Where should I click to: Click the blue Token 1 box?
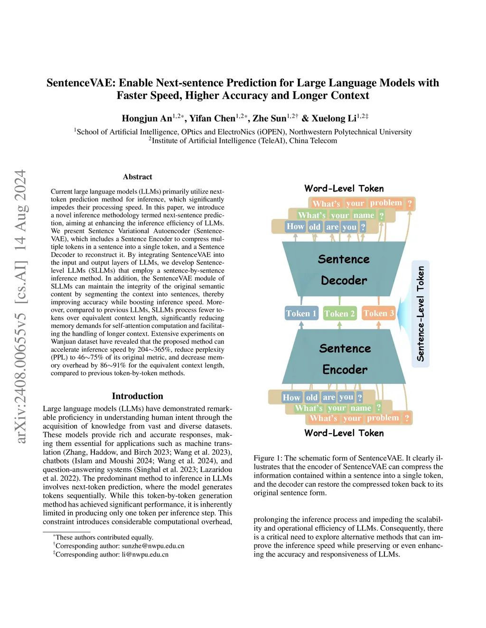click(x=301, y=313)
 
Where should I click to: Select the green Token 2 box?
click(x=340, y=313)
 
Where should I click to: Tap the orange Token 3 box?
click(x=379, y=313)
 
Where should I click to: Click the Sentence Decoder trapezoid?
click(x=344, y=269)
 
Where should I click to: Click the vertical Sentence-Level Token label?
click(x=421, y=313)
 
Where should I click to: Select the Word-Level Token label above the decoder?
click(x=344, y=188)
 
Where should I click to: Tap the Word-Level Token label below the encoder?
click(x=344, y=433)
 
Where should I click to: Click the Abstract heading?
click(x=138, y=177)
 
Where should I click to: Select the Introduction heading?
click(x=138, y=396)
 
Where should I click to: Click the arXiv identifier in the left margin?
click(x=20, y=306)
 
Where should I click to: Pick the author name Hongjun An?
click(x=147, y=118)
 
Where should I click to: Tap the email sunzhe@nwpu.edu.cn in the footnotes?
click(x=153, y=546)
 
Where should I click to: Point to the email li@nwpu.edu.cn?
click(x=145, y=555)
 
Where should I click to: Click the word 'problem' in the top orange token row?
click(x=386, y=203)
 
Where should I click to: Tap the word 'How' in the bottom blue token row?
click(x=291, y=397)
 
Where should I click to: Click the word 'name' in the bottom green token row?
click(x=361, y=408)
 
